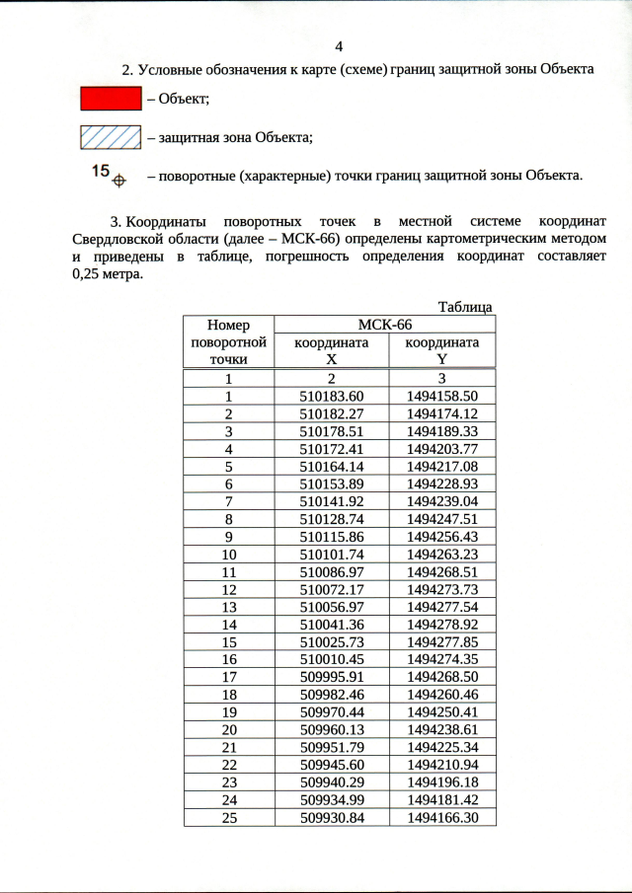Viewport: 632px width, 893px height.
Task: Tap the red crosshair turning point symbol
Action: click(x=118, y=181)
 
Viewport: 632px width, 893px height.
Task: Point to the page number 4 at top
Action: click(x=339, y=46)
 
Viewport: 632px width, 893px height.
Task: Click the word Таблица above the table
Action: click(x=464, y=307)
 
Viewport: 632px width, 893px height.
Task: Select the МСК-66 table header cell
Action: click(x=384, y=325)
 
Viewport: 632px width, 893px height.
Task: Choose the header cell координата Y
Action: click(x=442, y=351)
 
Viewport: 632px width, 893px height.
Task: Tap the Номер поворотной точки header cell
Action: click(x=228, y=342)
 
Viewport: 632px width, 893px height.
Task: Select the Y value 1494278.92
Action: click(x=442, y=625)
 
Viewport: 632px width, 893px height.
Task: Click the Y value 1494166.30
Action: click(x=442, y=818)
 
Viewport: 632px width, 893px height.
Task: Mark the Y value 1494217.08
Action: click(x=442, y=466)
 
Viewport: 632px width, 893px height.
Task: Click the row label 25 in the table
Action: click(x=228, y=818)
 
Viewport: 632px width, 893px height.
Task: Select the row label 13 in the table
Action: click(x=228, y=607)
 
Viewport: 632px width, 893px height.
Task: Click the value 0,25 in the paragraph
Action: click(x=89, y=275)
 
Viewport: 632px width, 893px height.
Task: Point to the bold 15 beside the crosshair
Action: click(x=100, y=171)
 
